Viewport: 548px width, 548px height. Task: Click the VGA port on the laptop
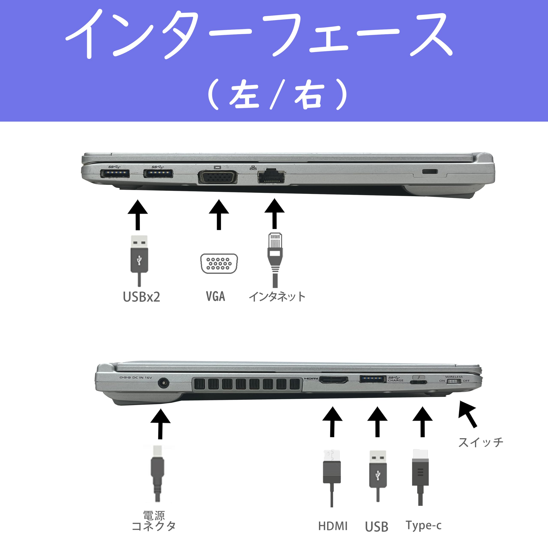coord(217,177)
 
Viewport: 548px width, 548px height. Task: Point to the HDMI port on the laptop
coord(334,380)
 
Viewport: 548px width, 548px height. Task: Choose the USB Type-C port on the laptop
coord(418,382)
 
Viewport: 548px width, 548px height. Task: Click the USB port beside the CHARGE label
coord(372,379)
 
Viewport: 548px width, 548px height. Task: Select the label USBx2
coord(141,297)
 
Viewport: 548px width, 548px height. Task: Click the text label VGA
coord(216,296)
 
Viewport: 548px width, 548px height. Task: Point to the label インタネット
coord(277,297)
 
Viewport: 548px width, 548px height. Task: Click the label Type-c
coord(423,525)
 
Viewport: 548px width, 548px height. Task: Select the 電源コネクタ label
coord(154,521)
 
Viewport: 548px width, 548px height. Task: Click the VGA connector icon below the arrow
coord(219,264)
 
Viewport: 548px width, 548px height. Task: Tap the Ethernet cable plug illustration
coord(275,255)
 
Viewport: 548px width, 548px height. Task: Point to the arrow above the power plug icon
coord(161,424)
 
